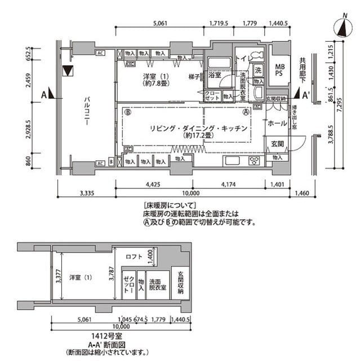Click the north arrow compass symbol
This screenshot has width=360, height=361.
point(342,27)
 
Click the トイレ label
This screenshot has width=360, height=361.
point(243,58)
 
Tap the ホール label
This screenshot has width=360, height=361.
point(276,123)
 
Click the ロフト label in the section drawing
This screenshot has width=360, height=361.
point(135,257)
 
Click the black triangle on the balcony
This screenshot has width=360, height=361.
point(69,71)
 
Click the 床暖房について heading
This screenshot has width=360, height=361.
point(169,206)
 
